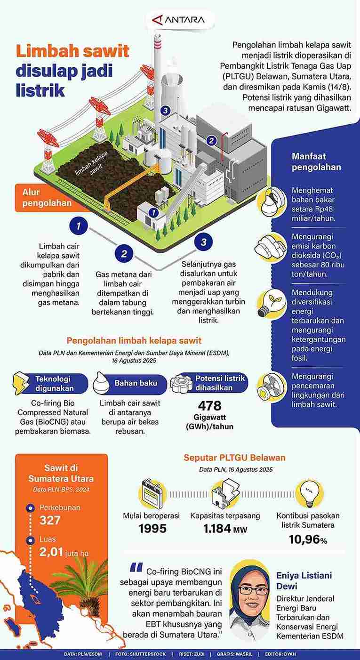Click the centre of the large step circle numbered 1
click(x=79, y=226)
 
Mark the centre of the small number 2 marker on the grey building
click(x=211, y=141)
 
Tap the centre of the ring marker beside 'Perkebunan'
click(x=30, y=508)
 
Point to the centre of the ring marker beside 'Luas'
click(x=30, y=540)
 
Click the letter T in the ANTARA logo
click(x=180, y=20)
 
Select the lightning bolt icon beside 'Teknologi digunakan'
click(x=21, y=383)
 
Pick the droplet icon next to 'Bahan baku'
click(x=101, y=383)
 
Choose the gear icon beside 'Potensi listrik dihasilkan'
click(x=180, y=383)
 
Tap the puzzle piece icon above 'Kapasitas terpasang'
click(x=225, y=493)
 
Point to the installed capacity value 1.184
click(x=217, y=529)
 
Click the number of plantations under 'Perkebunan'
click(x=50, y=520)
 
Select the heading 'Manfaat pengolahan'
click(x=316, y=161)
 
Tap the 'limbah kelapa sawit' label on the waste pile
click(x=90, y=163)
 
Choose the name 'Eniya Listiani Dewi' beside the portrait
click(x=304, y=580)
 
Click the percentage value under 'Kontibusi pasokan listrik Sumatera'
click(x=308, y=539)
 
